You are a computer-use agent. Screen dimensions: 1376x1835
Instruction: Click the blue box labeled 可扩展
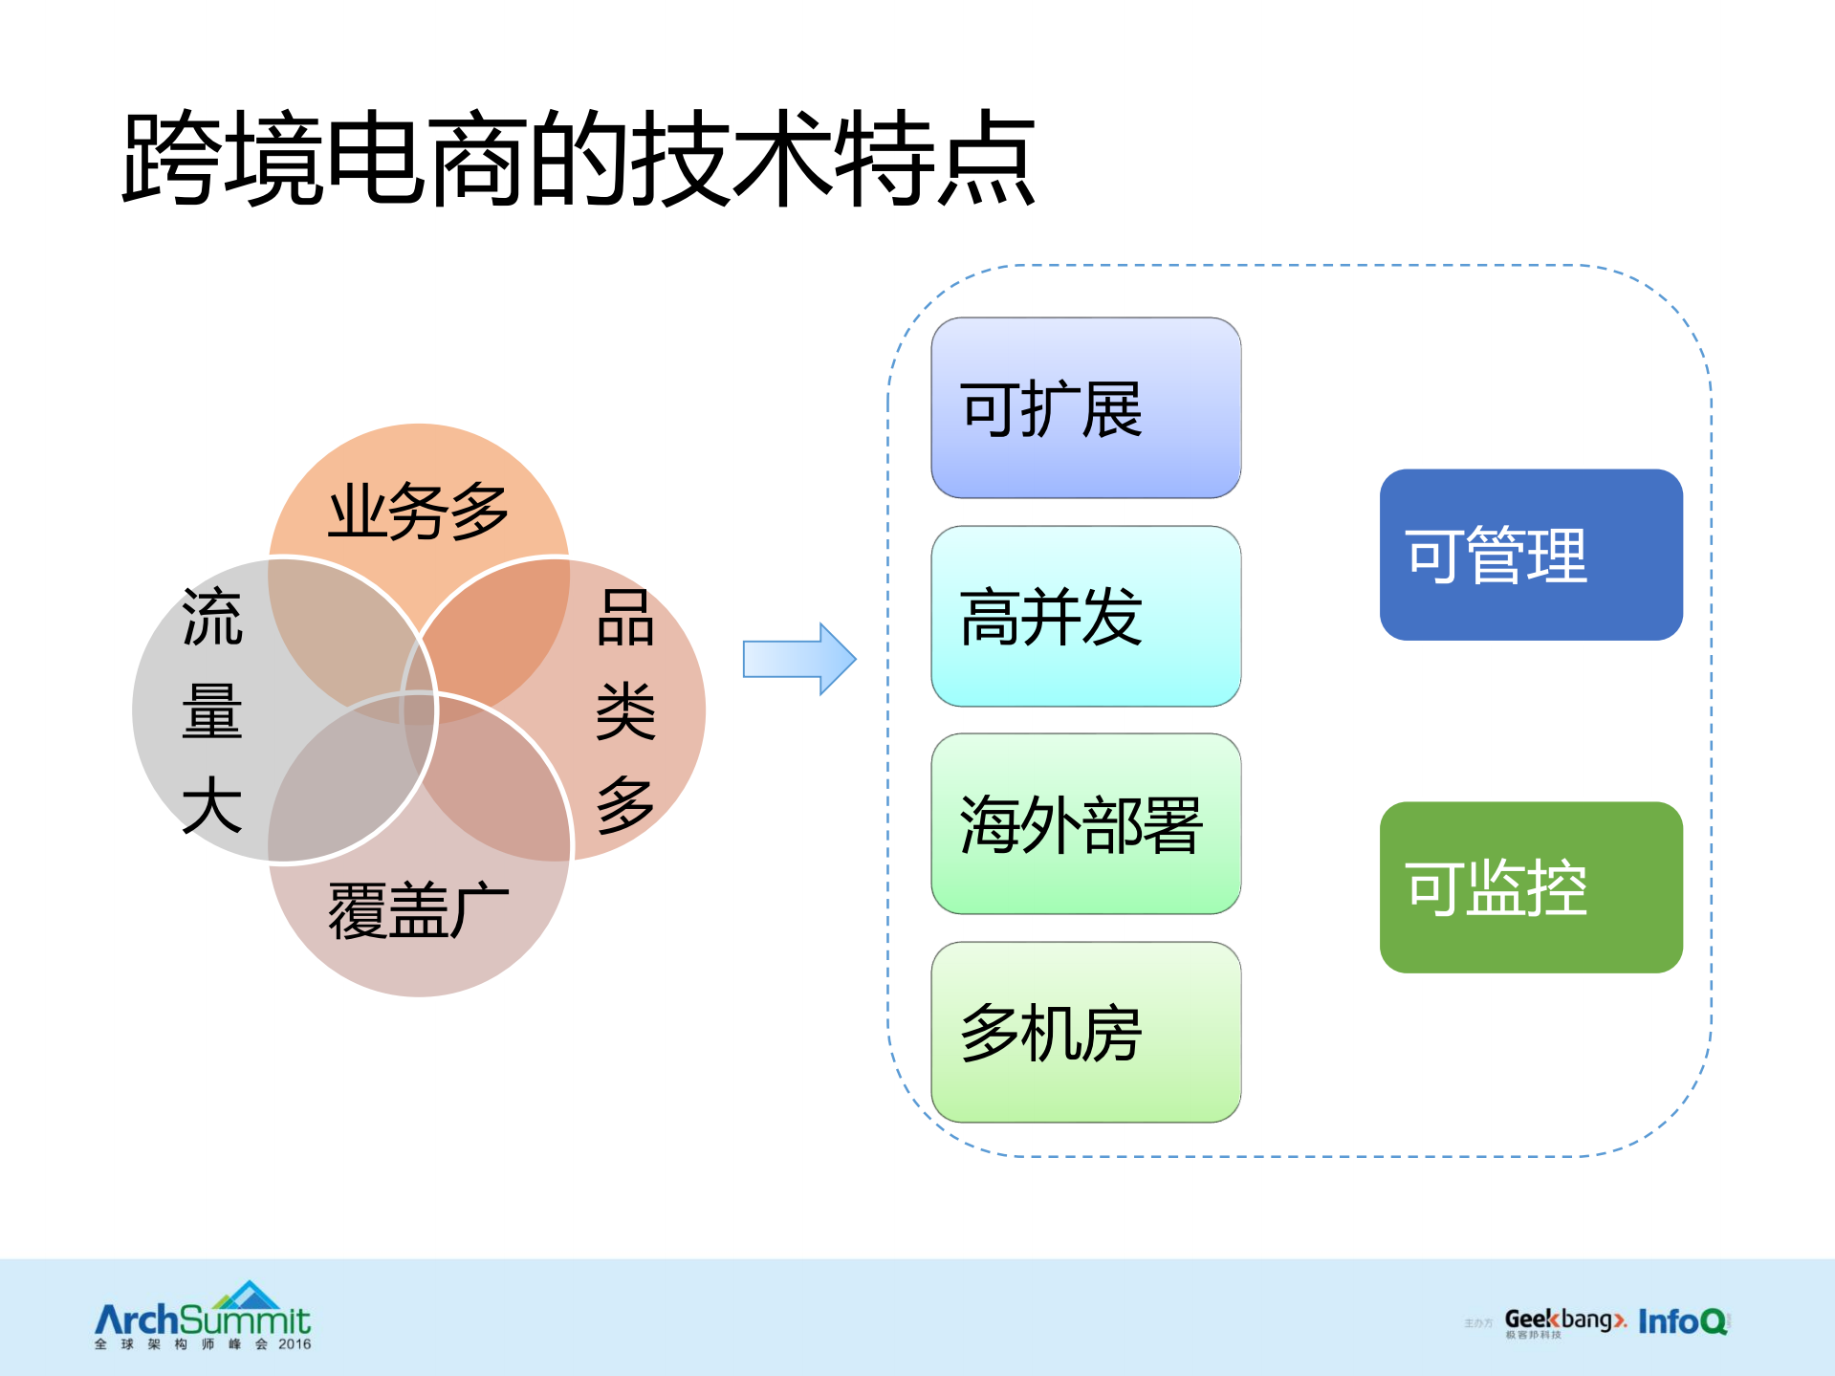click(1085, 408)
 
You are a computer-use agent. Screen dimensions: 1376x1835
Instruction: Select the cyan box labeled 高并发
click(1085, 617)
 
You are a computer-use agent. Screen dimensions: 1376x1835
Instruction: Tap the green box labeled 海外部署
click(1085, 824)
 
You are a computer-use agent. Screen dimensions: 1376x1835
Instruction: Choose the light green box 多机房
click(1085, 1032)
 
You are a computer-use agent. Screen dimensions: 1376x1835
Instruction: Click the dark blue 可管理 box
click(1530, 555)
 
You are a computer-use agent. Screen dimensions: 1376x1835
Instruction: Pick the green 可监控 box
click(1530, 887)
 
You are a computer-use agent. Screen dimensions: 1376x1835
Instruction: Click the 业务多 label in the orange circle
click(418, 512)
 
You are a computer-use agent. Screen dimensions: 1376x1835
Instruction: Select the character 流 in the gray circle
click(211, 618)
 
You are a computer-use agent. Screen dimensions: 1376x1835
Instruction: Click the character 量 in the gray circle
click(211, 711)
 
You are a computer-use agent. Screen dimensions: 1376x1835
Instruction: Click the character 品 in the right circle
click(625, 618)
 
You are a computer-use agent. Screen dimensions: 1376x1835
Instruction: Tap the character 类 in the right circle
click(625, 711)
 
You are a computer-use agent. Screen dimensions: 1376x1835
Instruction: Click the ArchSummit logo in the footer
click(203, 1315)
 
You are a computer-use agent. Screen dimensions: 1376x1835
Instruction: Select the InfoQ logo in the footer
click(1682, 1321)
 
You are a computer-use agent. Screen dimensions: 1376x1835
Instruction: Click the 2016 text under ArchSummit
click(295, 1344)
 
